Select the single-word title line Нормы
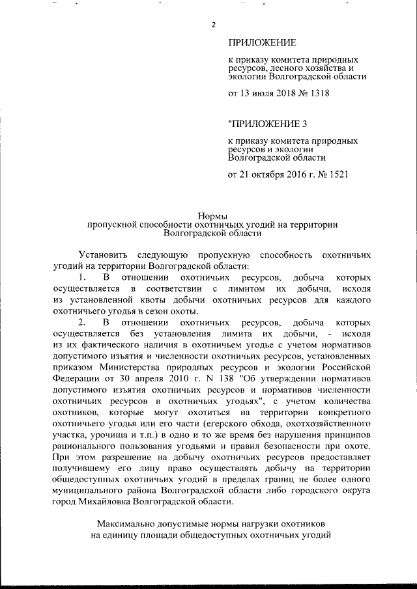click(212, 216)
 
